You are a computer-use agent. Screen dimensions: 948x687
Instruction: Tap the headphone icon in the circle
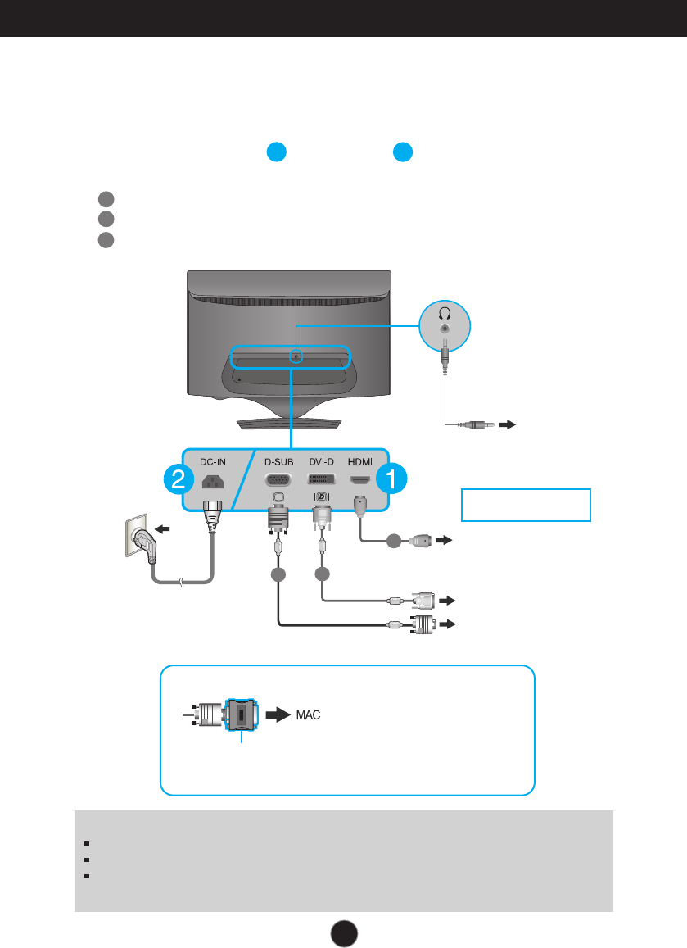[445, 312]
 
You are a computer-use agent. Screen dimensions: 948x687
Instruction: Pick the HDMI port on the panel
[359, 480]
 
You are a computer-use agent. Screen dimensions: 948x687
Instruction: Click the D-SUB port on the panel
[278, 481]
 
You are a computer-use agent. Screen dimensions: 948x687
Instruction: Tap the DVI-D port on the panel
[321, 481]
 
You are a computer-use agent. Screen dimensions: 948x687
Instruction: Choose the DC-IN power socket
[210, 481]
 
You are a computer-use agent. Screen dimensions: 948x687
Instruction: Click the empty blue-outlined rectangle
[527, 505]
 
